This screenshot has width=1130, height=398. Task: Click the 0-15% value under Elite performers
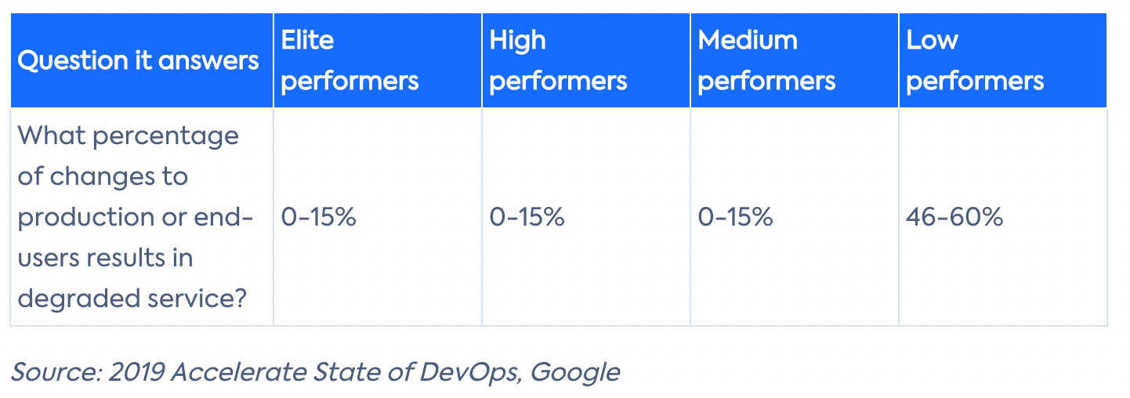coord(318,217)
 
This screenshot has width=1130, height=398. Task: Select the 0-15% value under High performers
coord(527,217)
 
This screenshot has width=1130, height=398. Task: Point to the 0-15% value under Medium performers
coord(735,217)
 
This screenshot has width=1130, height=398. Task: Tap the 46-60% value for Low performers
coord(954,217)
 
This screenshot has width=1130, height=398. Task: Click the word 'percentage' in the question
coord(165,137)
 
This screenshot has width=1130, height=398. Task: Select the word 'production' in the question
coord(85,219)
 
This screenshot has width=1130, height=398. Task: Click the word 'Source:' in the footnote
coord(57,372)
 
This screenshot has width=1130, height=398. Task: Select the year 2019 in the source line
coord(136,372)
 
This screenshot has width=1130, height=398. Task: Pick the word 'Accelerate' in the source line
coord(238,372)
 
